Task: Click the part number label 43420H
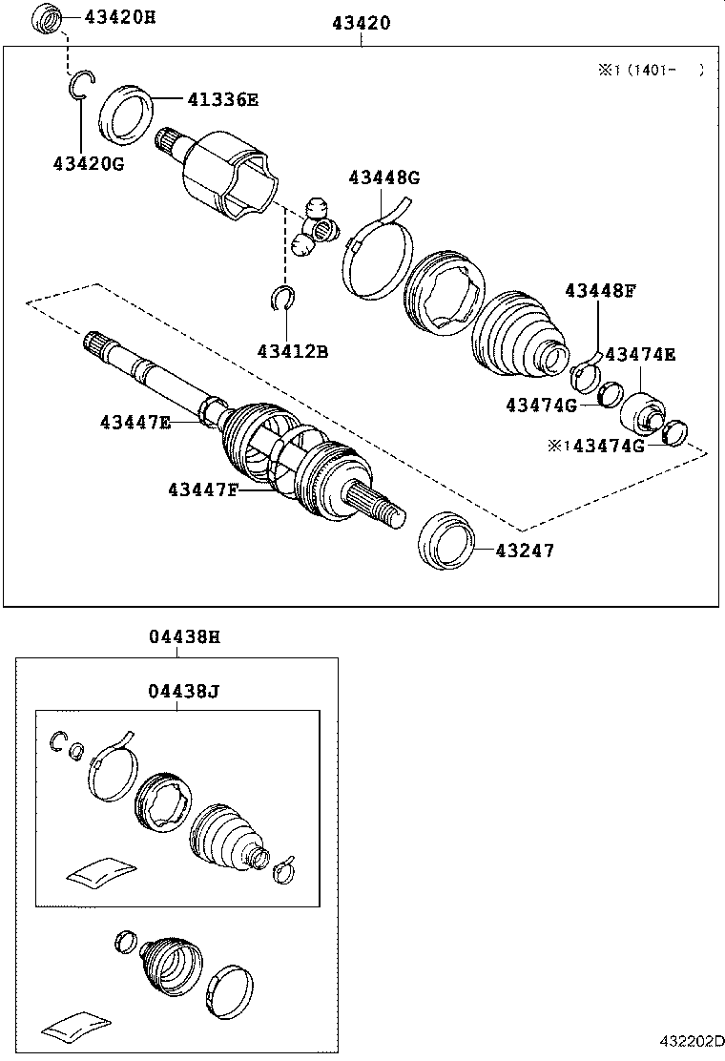click(120, 16)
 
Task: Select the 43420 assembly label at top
click(361, 23)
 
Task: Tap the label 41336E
click(222, 98)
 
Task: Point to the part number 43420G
click(89, 163)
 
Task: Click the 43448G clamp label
click(383, 177)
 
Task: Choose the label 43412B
click(292, 351)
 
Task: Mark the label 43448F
click(599, 290)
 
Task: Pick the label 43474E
click(640, 355)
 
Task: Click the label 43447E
click(135, 421)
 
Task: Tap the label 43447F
click(203, 489)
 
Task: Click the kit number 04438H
click(184, 636)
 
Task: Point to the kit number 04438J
click(184, 690)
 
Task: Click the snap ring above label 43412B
click(280, 299)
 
